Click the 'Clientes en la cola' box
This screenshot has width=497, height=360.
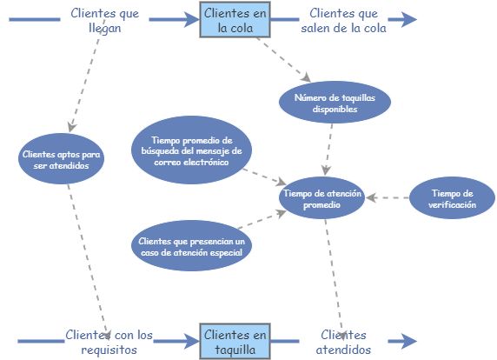(233, 19)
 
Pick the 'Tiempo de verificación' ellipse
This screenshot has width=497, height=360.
(453, 199)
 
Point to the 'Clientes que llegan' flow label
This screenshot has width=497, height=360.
(103, 20)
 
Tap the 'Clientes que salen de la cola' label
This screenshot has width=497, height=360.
(348, 20)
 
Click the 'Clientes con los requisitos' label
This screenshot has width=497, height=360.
(108, 342)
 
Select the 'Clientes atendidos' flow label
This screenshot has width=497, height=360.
(343, 342)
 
